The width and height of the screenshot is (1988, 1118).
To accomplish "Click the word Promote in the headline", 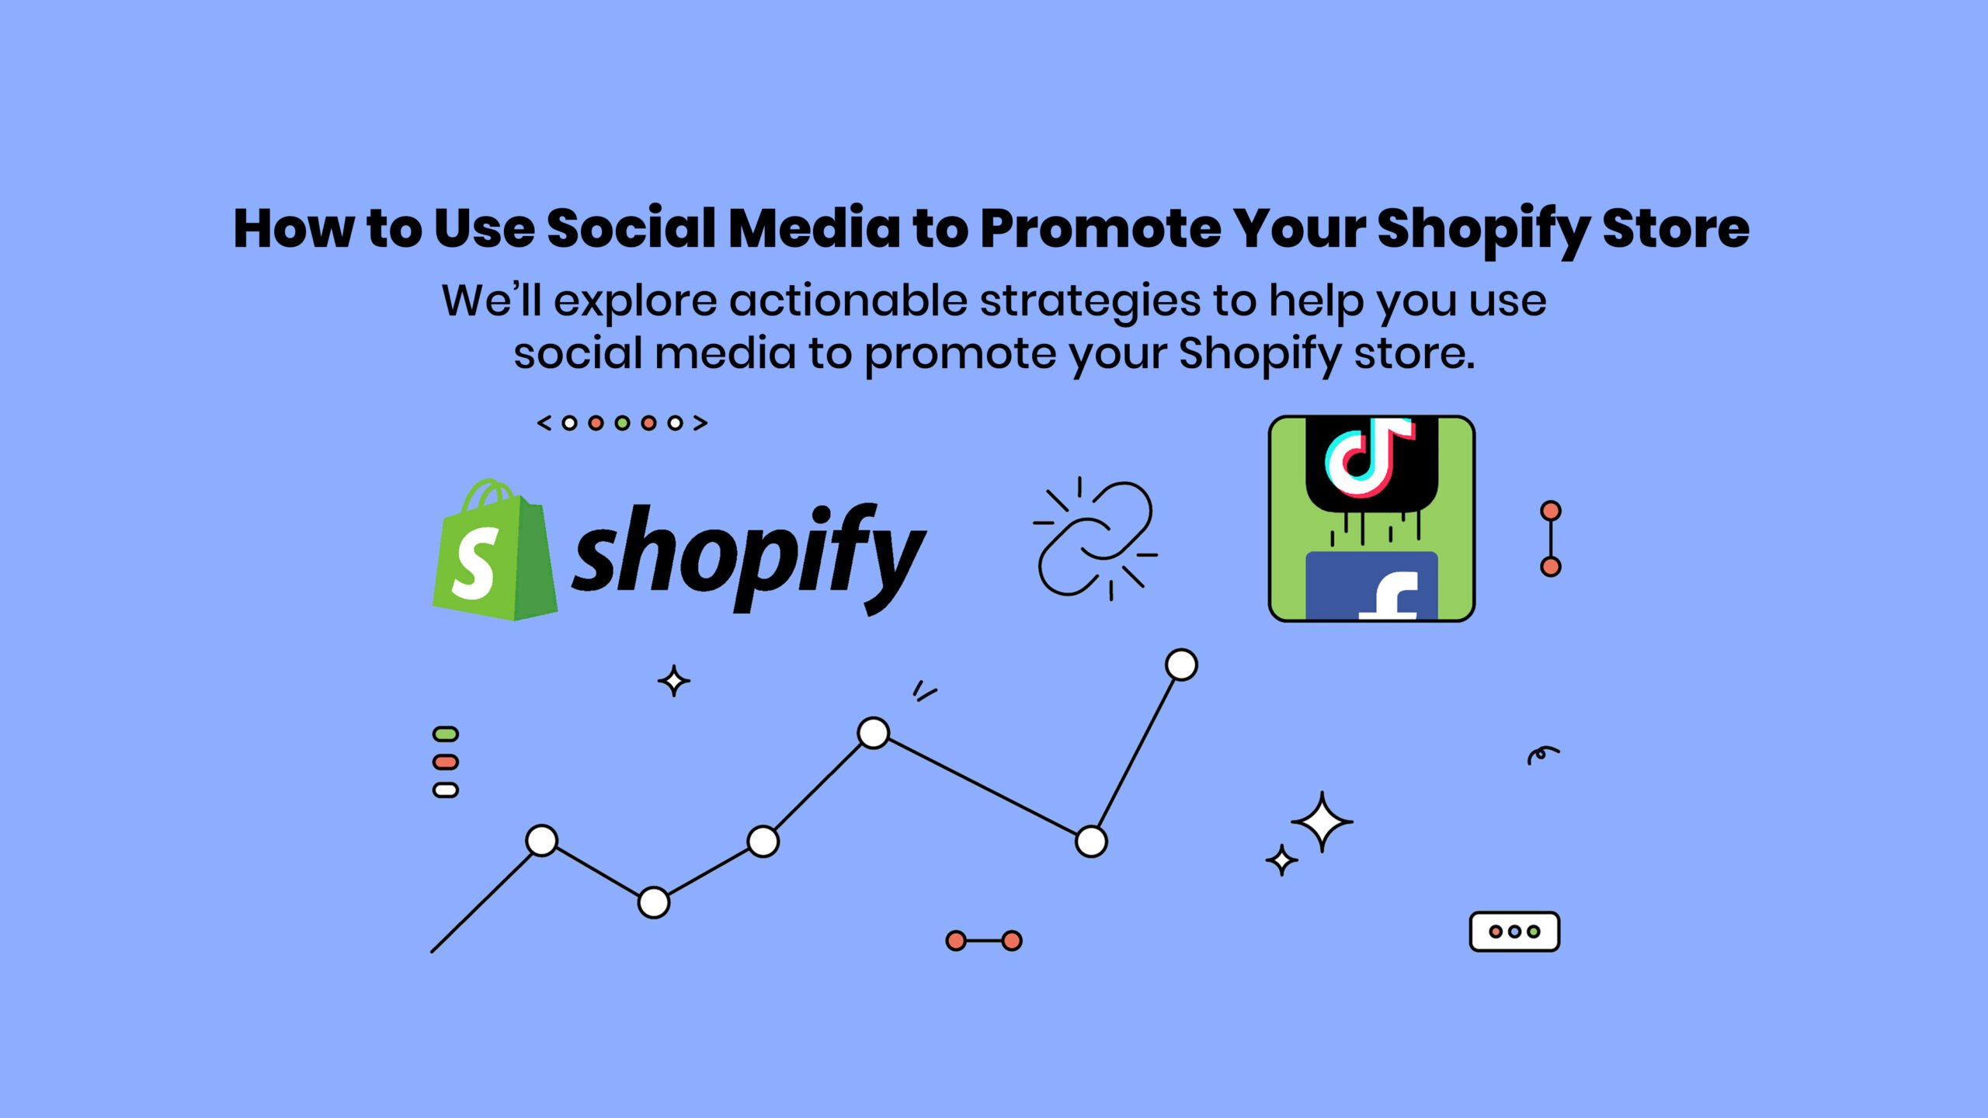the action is click(x=1100, y=229).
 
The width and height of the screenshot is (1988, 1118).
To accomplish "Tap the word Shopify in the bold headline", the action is click(x=1483, y=231).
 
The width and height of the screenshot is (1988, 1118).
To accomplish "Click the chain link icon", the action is click(x=1096, y=539).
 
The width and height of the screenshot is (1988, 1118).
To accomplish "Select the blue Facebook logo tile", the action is click(x=1371, y=585).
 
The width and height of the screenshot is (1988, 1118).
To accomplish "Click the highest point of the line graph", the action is click(x=1181, y=665).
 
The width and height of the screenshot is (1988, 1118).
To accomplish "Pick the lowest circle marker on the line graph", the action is click(x=654, y=903).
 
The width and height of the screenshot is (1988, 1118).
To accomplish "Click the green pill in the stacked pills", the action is click(x=446, y=734).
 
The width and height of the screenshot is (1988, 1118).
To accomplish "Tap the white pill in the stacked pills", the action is click(x=446, y=790).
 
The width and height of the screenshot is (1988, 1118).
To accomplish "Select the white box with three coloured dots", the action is click(x=1514, y=932).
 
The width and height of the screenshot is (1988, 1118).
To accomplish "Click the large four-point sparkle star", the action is click(x=1322, y=821).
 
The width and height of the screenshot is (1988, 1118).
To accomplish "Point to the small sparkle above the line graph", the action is click(x=673, y=681).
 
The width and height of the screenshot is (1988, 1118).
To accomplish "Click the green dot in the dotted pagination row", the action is click(x=622, y=423).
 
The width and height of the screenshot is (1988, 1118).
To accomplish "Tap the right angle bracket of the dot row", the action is click(x=700, y=423).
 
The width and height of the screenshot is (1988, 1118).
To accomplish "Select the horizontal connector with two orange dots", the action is click(x=984, y=941).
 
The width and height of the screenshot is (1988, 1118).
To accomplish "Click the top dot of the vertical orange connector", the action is click(x=1551, y=511).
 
